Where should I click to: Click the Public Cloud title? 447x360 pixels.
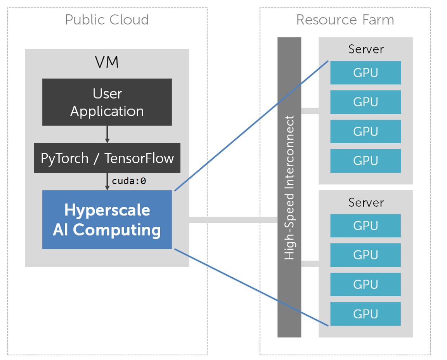[x=107, y=20]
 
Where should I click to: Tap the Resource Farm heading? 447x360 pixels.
[x=345, y=20]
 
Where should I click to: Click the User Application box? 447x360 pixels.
[x=107, y=102]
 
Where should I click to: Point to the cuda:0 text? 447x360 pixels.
[x=129, y=181]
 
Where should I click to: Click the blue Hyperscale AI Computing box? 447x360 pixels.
[x=107, y=220]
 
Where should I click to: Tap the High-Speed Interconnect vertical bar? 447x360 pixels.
[x=289, y=187]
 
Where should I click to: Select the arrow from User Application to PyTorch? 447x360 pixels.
[x=107, y=134]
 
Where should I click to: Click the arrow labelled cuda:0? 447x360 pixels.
[x=107, y=181]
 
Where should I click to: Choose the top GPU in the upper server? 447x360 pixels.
[x=366, y=73]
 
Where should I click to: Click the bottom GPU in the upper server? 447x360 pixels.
[x=366, y=161]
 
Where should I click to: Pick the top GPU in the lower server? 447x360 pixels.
[x=366, y=226]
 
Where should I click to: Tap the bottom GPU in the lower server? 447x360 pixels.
[x=366, y=314]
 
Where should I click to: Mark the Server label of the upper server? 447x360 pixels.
[x=366, y=49]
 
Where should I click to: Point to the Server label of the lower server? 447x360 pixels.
[x=366, y=202]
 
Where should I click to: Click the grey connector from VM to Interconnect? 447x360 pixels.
[x=233, y=220]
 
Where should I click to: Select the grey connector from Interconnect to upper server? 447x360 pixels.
[x=310, y=111]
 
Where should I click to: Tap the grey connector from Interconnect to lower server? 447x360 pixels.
[x=310, y=264]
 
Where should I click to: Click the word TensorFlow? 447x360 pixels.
[x=139, y=158]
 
